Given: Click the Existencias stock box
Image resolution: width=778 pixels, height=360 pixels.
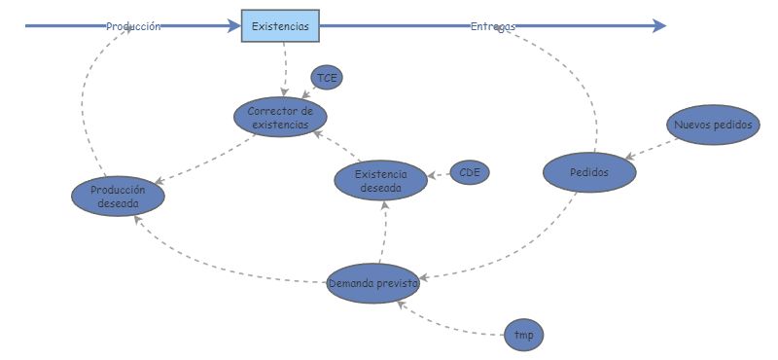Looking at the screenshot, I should (x=280, y=26).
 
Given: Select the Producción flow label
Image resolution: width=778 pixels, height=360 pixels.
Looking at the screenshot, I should (x=133, y=27).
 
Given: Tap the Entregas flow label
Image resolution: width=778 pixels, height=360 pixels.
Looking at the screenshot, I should (x=492, y=26).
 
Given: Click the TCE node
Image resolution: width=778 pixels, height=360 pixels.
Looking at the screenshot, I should (x=327, y=78).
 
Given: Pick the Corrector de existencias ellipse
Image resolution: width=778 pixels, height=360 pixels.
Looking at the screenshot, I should (x=280, y=118).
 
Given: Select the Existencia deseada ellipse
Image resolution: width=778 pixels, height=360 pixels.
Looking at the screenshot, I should (x=380, y=180).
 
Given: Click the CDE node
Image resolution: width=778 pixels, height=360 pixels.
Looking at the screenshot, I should (x=471, y=173).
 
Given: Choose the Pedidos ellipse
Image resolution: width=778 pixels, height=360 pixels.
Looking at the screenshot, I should (x=589, y=172).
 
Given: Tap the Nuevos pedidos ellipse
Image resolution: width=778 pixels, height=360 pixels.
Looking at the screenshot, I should (x=713, y=125).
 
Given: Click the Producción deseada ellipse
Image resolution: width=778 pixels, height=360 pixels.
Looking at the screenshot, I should (x=118, y=197).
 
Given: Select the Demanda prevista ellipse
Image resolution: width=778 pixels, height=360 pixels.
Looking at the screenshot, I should (x=373, y=283).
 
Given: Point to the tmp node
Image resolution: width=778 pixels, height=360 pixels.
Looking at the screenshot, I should (x=524, y=336).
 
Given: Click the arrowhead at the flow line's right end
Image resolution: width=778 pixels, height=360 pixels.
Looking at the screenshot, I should (x=659, y=26).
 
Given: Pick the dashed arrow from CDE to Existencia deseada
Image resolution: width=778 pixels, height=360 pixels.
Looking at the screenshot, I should (x=438, y=176).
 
